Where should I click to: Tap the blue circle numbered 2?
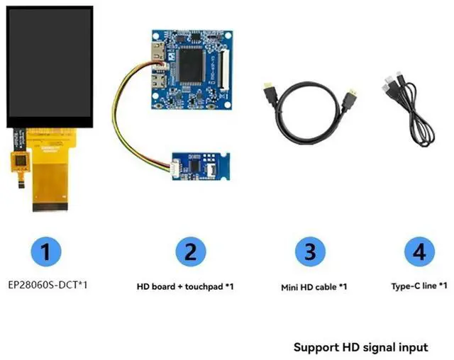pos(191,252)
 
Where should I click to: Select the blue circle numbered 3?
pos(309,252)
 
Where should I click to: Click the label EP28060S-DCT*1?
pos(50,286)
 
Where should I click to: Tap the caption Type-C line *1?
pos(419,286)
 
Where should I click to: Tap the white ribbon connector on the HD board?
pos(223,64)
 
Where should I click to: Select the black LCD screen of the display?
pos(50,67)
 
